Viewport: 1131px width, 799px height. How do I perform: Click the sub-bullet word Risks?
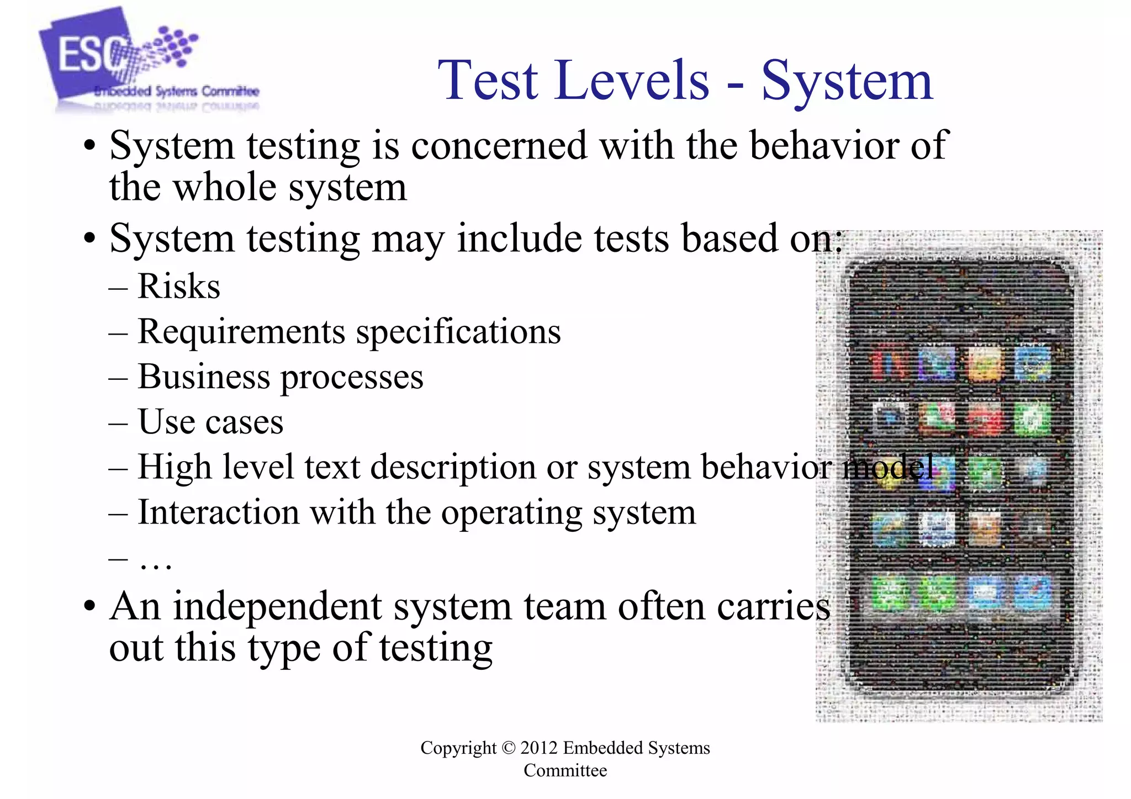(x=178, y=287)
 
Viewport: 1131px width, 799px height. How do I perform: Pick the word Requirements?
(x=241, y=332)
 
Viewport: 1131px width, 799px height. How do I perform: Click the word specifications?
(x=458, y=332)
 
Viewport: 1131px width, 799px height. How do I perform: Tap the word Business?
(x=204, y=377)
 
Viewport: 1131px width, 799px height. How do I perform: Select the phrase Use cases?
(x=210, y=422)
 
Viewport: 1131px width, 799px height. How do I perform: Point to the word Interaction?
(x=218, y=512)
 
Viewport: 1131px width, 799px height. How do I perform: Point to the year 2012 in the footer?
(x=539, y=748)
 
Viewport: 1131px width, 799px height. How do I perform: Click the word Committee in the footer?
(x=565, y=770)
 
